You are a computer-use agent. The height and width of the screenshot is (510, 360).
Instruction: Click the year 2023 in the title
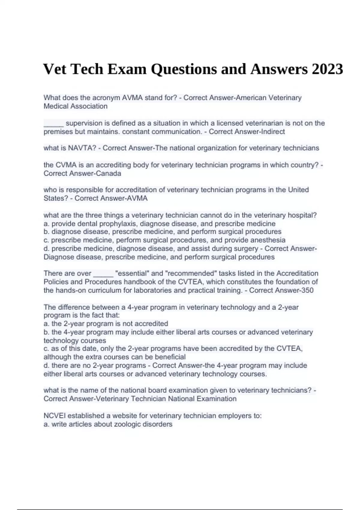327,69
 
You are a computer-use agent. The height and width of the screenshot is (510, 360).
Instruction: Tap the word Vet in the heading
55,69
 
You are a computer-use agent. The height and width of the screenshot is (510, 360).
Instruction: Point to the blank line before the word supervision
53,123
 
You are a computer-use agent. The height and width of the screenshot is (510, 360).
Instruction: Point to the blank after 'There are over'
103,274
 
